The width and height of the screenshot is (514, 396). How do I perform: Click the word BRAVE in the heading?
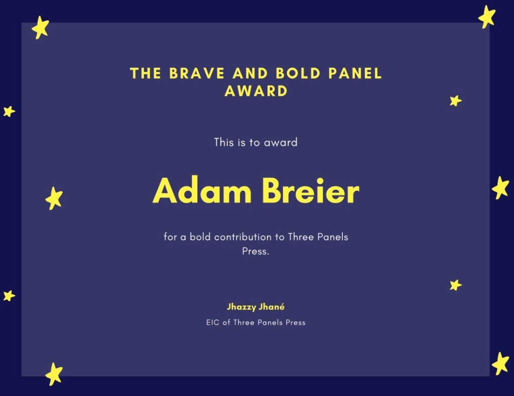[x=197, y=73]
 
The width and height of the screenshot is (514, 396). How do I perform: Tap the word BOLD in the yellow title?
[x=298, y=73]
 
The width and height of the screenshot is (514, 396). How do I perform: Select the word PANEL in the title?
[x=355, y=73]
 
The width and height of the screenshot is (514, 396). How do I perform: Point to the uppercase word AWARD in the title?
[x=256, y=91]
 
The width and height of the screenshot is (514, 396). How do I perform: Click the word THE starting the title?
[x=146, y=73]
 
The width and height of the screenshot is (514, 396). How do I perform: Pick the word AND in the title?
[x=250, y=73]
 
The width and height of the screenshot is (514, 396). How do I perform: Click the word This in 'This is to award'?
[x=224, y=142]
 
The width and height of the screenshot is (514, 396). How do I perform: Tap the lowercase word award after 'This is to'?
[x=281, y=142]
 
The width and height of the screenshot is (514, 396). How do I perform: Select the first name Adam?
[x=202, y=190]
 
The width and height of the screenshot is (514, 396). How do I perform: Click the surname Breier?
[x=311, y=190]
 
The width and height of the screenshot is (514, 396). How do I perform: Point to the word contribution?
[x=243, y=237]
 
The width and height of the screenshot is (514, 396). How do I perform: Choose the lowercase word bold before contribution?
[x=200, y=237]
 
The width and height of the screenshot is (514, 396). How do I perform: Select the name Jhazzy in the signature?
[x=241, y=307]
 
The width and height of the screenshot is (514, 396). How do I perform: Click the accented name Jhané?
[x=272, y=307]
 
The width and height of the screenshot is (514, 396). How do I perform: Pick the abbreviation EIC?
[x=212, y=323]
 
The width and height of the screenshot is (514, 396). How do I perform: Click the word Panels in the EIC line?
[x=270, y=323]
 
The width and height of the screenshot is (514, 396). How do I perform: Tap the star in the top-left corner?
[x=40, y=28]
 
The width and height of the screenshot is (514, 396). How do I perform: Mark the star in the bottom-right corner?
[x=500, y=363]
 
